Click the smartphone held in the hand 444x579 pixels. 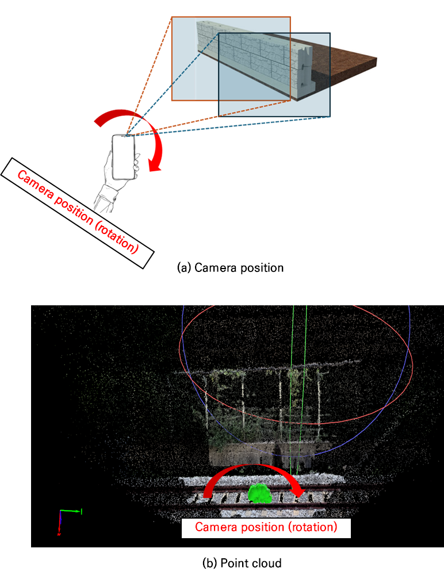[124, 157]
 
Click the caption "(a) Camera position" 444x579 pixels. [231, 268]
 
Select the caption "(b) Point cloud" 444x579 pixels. [242, 563]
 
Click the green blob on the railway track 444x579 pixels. [260, 494]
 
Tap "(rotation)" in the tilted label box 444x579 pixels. [117, 237]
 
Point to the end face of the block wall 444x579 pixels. [305, 70]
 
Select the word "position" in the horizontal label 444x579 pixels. [263, 527]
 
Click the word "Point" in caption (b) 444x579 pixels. [233, 563]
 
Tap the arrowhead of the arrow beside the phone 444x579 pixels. [155, 164]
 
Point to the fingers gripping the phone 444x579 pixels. [136, 165]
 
